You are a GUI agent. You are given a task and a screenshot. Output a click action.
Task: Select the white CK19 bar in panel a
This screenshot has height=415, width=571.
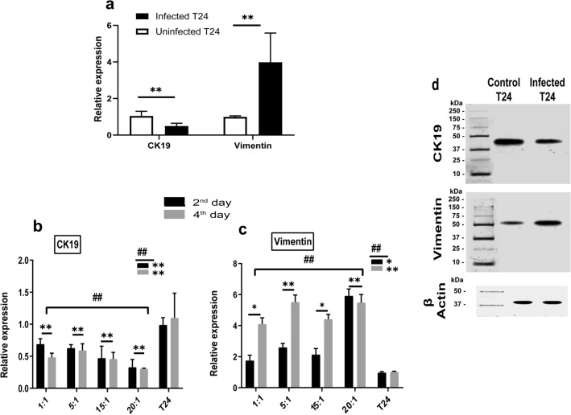(142, 127)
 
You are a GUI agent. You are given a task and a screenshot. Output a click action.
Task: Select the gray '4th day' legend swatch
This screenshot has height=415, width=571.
(175, 216)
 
